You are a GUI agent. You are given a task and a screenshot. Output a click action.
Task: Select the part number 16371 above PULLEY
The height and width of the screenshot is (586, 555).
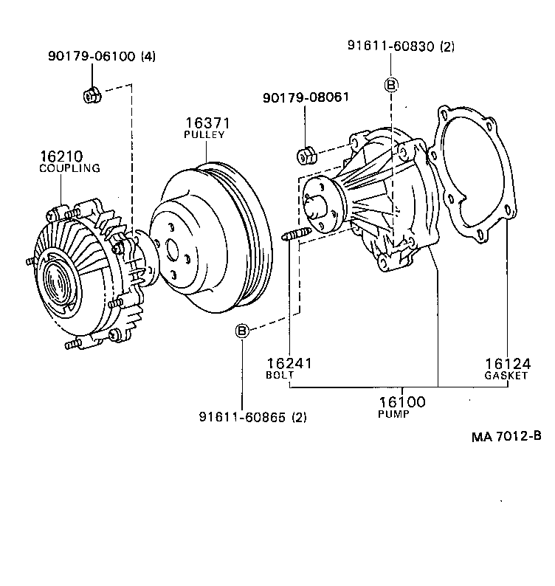[x=204, y=123]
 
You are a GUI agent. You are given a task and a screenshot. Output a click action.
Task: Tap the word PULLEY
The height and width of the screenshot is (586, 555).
[x=204, y=135]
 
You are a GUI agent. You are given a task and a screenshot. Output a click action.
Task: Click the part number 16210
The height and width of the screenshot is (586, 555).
[x=62, y=156]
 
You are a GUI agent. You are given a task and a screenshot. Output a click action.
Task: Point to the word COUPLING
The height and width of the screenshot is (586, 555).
[x=69, y=168]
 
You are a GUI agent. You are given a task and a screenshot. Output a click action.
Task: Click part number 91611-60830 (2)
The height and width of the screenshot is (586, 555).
[x=401, y=46]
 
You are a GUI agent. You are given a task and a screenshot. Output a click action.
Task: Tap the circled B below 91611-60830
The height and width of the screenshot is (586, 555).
[x=391, y=85]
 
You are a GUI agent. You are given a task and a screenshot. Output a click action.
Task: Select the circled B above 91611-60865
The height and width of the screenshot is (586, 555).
[x=242, y=331]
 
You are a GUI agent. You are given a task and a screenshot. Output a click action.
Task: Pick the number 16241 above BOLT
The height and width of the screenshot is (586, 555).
[x=290, y=363]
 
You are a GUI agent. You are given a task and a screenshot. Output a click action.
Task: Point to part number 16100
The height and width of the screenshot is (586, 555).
[x=402, y=401]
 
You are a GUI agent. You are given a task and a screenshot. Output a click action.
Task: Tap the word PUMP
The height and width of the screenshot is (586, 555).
[x=394, y=414]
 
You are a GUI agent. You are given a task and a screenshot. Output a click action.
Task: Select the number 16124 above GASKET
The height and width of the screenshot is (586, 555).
[x=508, y=363]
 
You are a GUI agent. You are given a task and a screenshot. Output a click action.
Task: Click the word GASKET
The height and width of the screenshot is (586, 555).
[x=506, y=375]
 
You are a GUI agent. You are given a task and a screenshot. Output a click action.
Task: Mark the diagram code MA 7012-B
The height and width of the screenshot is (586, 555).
[x=506, y=435]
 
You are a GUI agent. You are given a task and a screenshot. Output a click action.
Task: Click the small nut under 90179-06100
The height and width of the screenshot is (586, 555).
[x=89, y=95]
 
